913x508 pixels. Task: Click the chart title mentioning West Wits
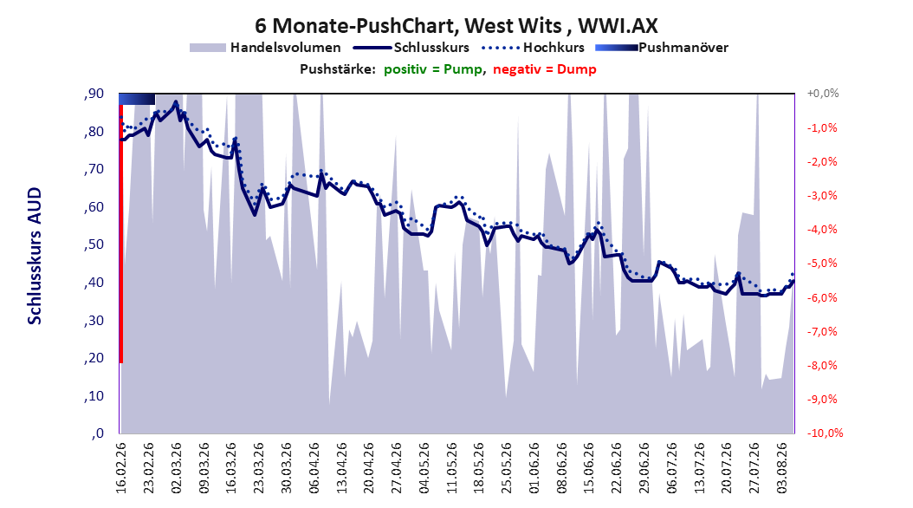[456, 26]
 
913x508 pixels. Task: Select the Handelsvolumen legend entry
[266, 48]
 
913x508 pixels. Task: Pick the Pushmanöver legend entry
[662, 48]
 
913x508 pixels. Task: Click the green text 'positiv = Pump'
[433, 69]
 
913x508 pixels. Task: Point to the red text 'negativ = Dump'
[545, 69]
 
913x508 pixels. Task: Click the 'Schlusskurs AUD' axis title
[35, 257]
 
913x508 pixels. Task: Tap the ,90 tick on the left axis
[94, 94]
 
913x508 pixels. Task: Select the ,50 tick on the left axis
[94, 244]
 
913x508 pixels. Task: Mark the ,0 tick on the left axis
[97, 433]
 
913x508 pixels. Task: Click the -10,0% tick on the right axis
[825, 433]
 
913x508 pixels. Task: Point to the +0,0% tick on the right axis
[823, 94]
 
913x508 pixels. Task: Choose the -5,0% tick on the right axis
[822, 264]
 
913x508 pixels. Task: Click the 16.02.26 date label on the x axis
[121, 468]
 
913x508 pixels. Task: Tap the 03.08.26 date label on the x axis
[782, 468]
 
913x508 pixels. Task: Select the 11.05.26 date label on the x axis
[452, 468]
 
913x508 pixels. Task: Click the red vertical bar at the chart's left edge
[121, 233]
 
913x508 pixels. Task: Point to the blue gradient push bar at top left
[137, 99]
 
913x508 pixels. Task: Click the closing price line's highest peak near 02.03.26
[176, 102]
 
